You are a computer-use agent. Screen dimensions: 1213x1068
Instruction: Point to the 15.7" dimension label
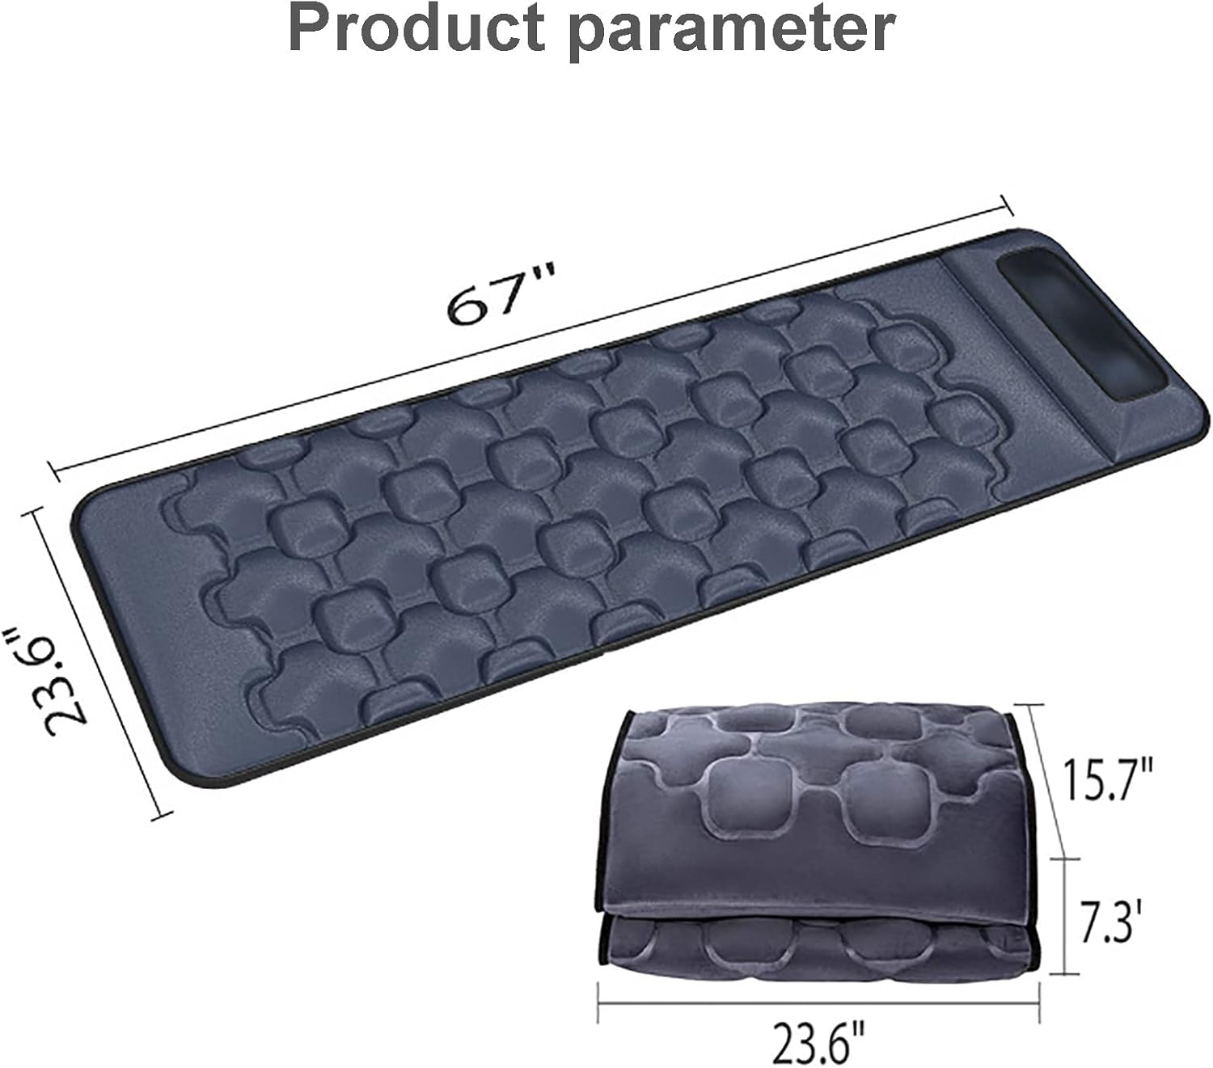click(1109, 779)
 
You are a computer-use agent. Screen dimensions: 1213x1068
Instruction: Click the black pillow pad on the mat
click(1083, 324)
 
